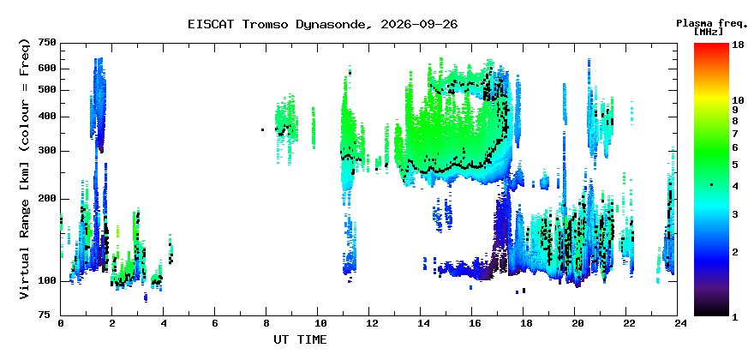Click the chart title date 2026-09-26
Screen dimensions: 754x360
tap(419, 24)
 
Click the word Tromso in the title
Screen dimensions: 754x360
tap(266, 24)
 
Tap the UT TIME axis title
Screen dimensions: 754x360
tap(300, 339)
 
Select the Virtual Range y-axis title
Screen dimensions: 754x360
tap(25, 169)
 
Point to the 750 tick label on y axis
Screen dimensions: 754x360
tap(47, 44)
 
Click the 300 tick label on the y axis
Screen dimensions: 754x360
tap(47, 151)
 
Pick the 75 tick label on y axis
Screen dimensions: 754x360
tap(50, 315)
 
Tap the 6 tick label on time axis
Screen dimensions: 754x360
tap(214, 323)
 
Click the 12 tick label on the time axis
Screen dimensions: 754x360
tap(368, 323)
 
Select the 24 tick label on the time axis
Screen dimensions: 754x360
tap(678, 323)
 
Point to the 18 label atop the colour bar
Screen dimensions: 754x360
tap(739, 45)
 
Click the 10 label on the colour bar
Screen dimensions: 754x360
tap(739, 100)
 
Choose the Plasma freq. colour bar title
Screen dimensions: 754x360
tap(712, 24)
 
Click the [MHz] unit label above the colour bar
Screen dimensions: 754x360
tap(709, 32)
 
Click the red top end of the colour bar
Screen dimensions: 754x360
tap(711, 45)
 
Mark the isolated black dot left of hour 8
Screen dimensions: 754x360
tap(262, 129)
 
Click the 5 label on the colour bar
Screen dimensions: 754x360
tap(735, 165)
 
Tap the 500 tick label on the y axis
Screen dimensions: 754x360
tap(47, 90)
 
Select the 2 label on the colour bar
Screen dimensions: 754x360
tap(735, 252)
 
